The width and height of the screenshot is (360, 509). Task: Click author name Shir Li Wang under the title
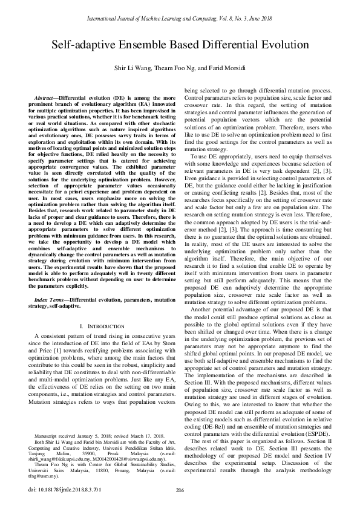[x=133, y=68]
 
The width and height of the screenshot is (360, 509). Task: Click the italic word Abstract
[x=46, y=97]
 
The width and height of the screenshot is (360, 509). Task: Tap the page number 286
[x=180, y=490]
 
